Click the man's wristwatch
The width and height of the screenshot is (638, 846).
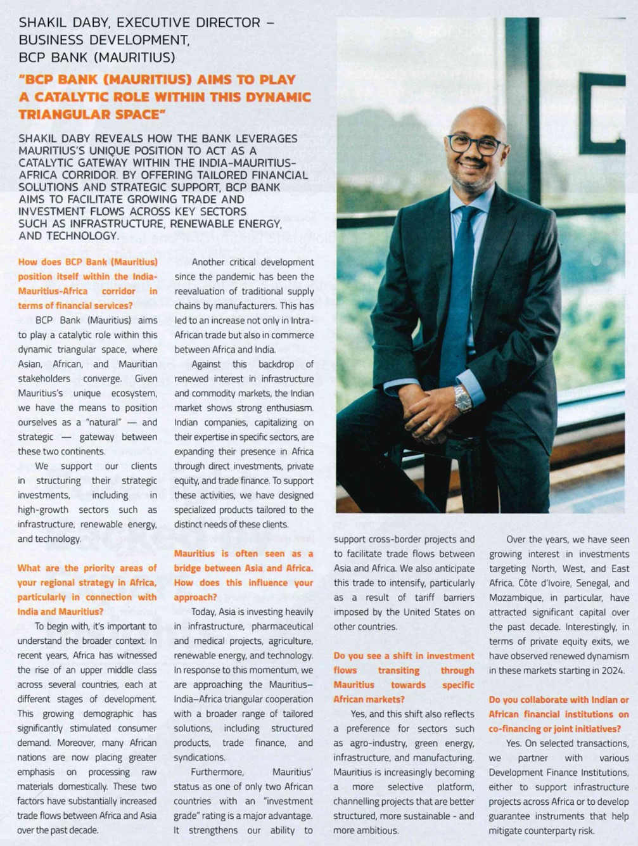463,398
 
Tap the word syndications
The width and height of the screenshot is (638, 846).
199,757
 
